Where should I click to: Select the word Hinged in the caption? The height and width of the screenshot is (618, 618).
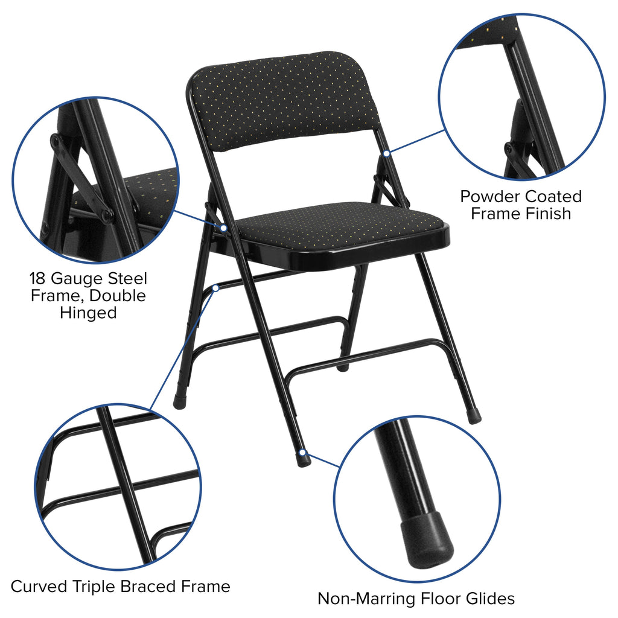click(88, 313)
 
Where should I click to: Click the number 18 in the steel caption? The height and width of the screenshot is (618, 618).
click(38, 279)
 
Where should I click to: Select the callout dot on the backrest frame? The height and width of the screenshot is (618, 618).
click(386, 153)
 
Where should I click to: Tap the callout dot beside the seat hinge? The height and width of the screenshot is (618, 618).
click(223, 228)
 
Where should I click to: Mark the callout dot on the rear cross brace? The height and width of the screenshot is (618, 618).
click(215, 288)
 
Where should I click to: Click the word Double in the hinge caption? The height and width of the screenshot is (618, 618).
click(118, 296)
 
